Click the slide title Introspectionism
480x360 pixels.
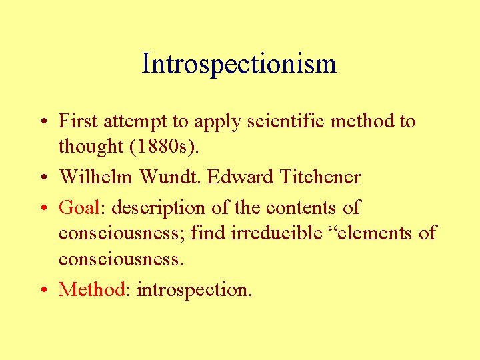click(x=239, y=65)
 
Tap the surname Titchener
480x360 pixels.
click(x=321, y=177)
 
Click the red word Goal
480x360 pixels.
click(x=79, y=207)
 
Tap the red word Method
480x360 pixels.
click(x=92, y=289)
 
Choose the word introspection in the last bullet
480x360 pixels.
click(x=193, y=290)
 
